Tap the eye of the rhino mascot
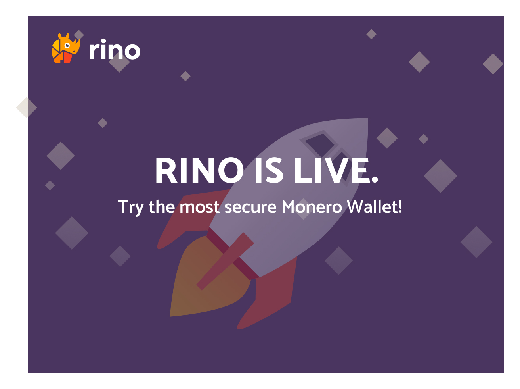click(67, 45)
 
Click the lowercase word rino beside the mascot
click(115, 50)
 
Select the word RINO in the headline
click(199, 171)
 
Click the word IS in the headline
click(268, 171)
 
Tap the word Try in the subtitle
click(130, 207)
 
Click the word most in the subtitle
click(199, 207)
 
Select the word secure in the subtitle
click(250, 207)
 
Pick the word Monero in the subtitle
click(312, 207)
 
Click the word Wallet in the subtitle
click(372, 207)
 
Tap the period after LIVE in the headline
click(374, 180)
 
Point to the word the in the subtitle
click(161, 207)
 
